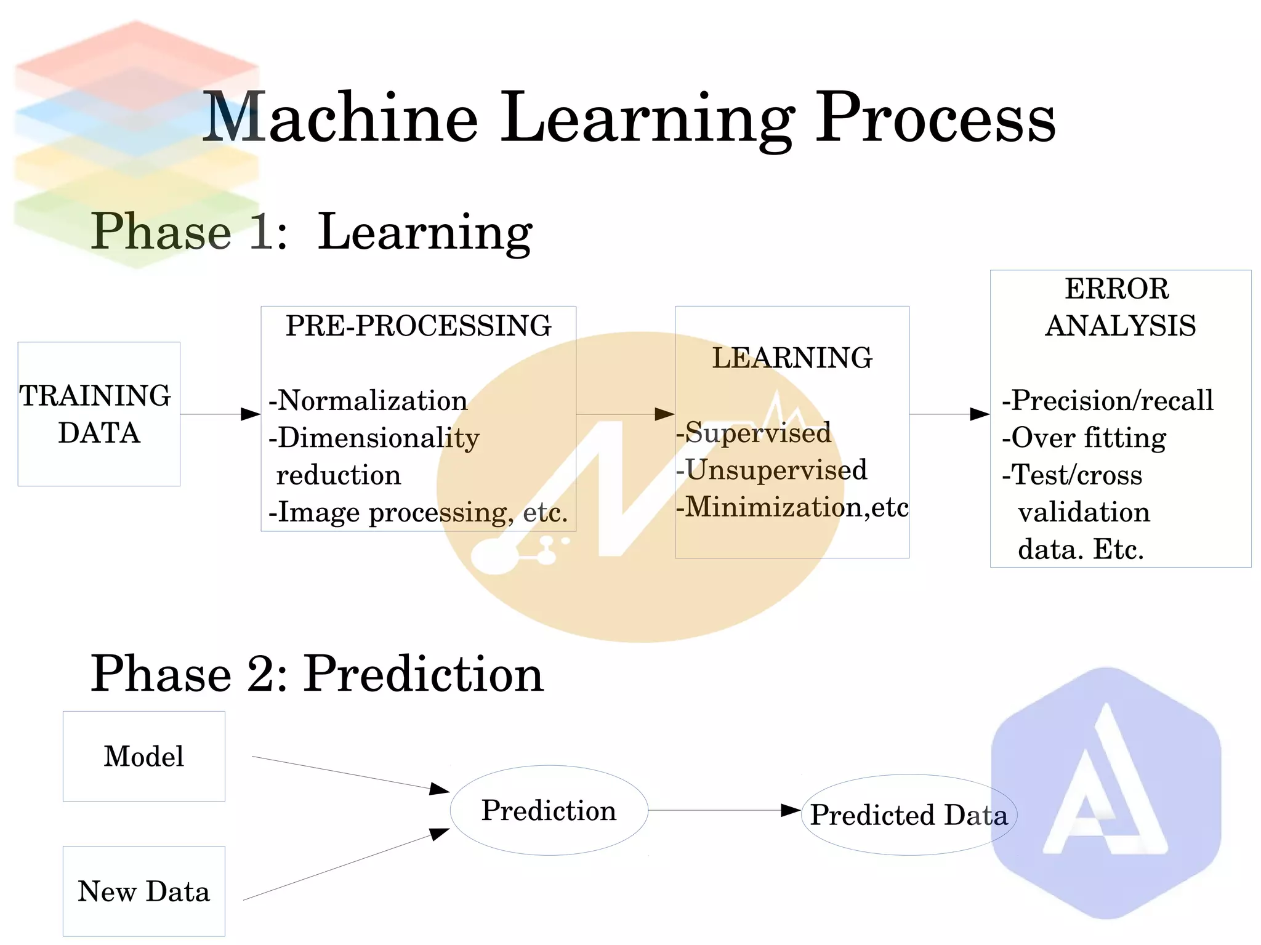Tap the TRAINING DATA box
coord(99,414)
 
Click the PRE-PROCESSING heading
coord(418,326)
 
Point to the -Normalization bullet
coord(368,401)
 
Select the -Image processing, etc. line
coord(418,512)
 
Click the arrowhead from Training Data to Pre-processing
coord(251,414)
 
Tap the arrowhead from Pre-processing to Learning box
coord(664,414)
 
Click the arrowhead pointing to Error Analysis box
coord(980,414)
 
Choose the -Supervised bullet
coord(754,433)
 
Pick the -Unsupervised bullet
coord(772,470)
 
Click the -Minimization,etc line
coord(792,507)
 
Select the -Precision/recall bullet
coord(1108,401)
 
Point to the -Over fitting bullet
coord(1084,438)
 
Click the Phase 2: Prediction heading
coord(317,674)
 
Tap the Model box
coord(143,756)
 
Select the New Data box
coord(143,891)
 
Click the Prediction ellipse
coord(549,810)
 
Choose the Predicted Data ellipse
coord(908,814)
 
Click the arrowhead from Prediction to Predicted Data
coord(791,810)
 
